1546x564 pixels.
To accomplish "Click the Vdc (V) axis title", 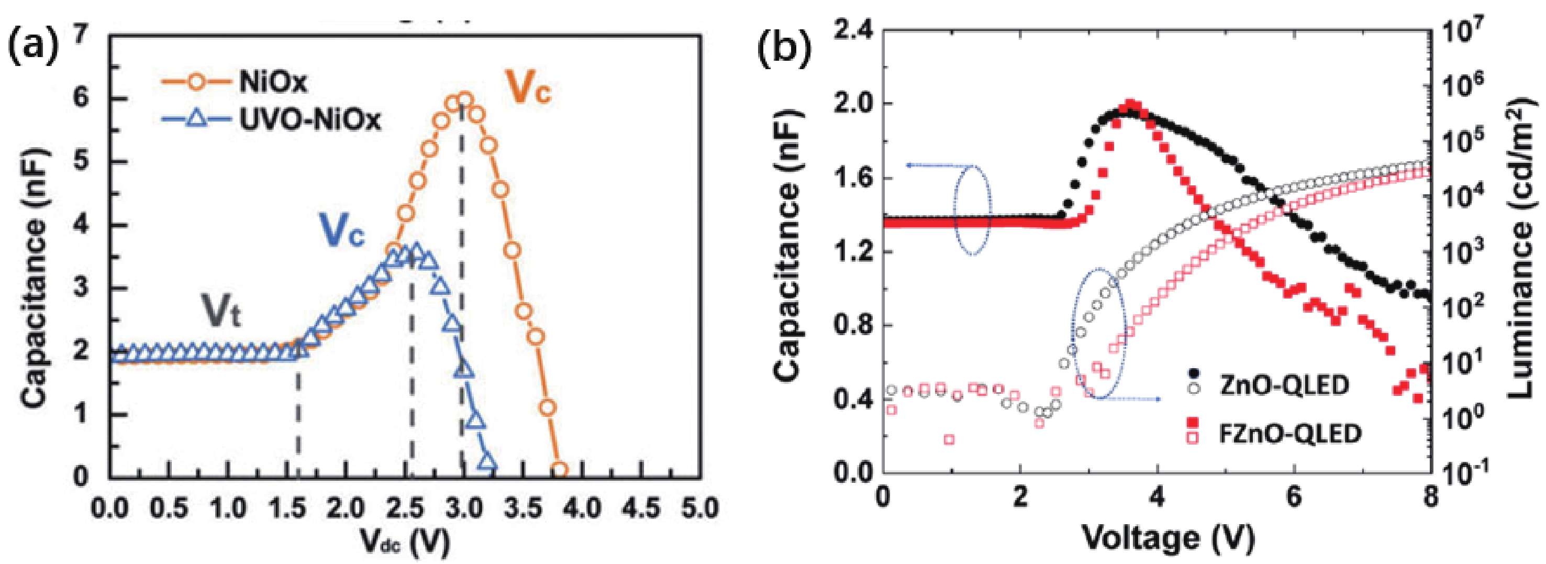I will tap(405, 542).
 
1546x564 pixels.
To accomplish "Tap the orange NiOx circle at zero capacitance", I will tap(559, 470).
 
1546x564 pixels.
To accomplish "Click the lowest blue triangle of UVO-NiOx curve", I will tap(488, 462).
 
